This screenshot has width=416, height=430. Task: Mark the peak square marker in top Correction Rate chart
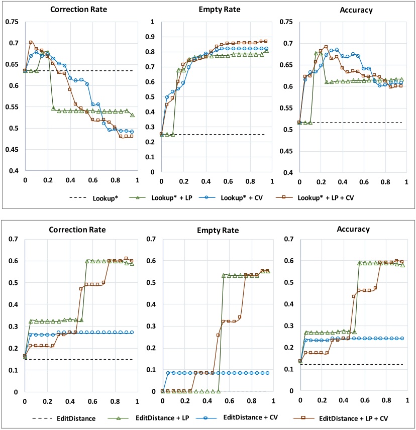pyautogui.click(x=31, y=43)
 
